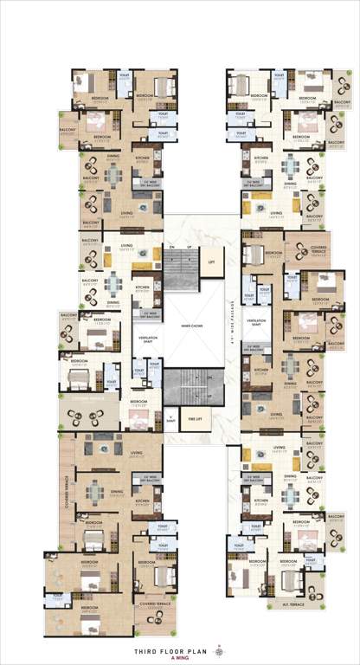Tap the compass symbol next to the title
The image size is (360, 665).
218,649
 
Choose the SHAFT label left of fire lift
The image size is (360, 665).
170,419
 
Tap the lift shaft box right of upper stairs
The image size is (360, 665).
210,259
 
